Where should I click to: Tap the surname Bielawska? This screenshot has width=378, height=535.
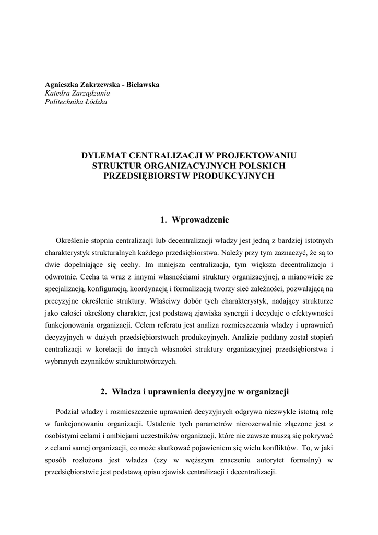pos(140,84)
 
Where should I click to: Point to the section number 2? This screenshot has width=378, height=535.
pos(102,391)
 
